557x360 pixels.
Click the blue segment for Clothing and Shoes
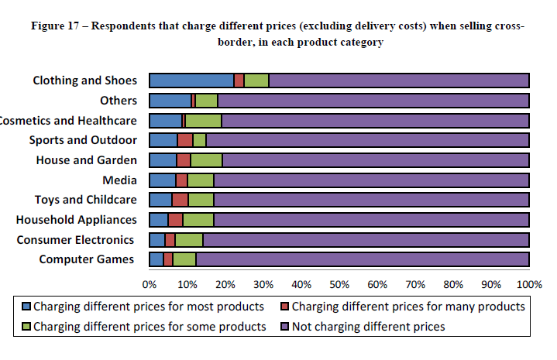pos(191,80)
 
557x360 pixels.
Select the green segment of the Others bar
pos(206,100)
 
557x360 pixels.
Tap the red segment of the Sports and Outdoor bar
pos(185,140)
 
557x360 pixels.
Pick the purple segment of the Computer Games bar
pos(362,259)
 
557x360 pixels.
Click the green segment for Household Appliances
pos(198,219)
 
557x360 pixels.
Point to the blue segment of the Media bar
pos(163,180)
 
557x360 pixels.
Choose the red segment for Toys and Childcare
pos(180,200)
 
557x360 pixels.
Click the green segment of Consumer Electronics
pos(189,239)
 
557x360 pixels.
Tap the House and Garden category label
pos(86,160)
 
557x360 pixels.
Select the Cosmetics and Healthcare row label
pos(69,120)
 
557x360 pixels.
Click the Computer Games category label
pos(88,259)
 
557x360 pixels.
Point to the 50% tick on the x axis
pos(339,284)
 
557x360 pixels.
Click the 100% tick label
pos(529,284)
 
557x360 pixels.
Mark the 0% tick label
pos(150,284)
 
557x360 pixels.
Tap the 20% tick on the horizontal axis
pos(225,284)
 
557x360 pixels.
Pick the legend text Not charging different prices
pos(368,326)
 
